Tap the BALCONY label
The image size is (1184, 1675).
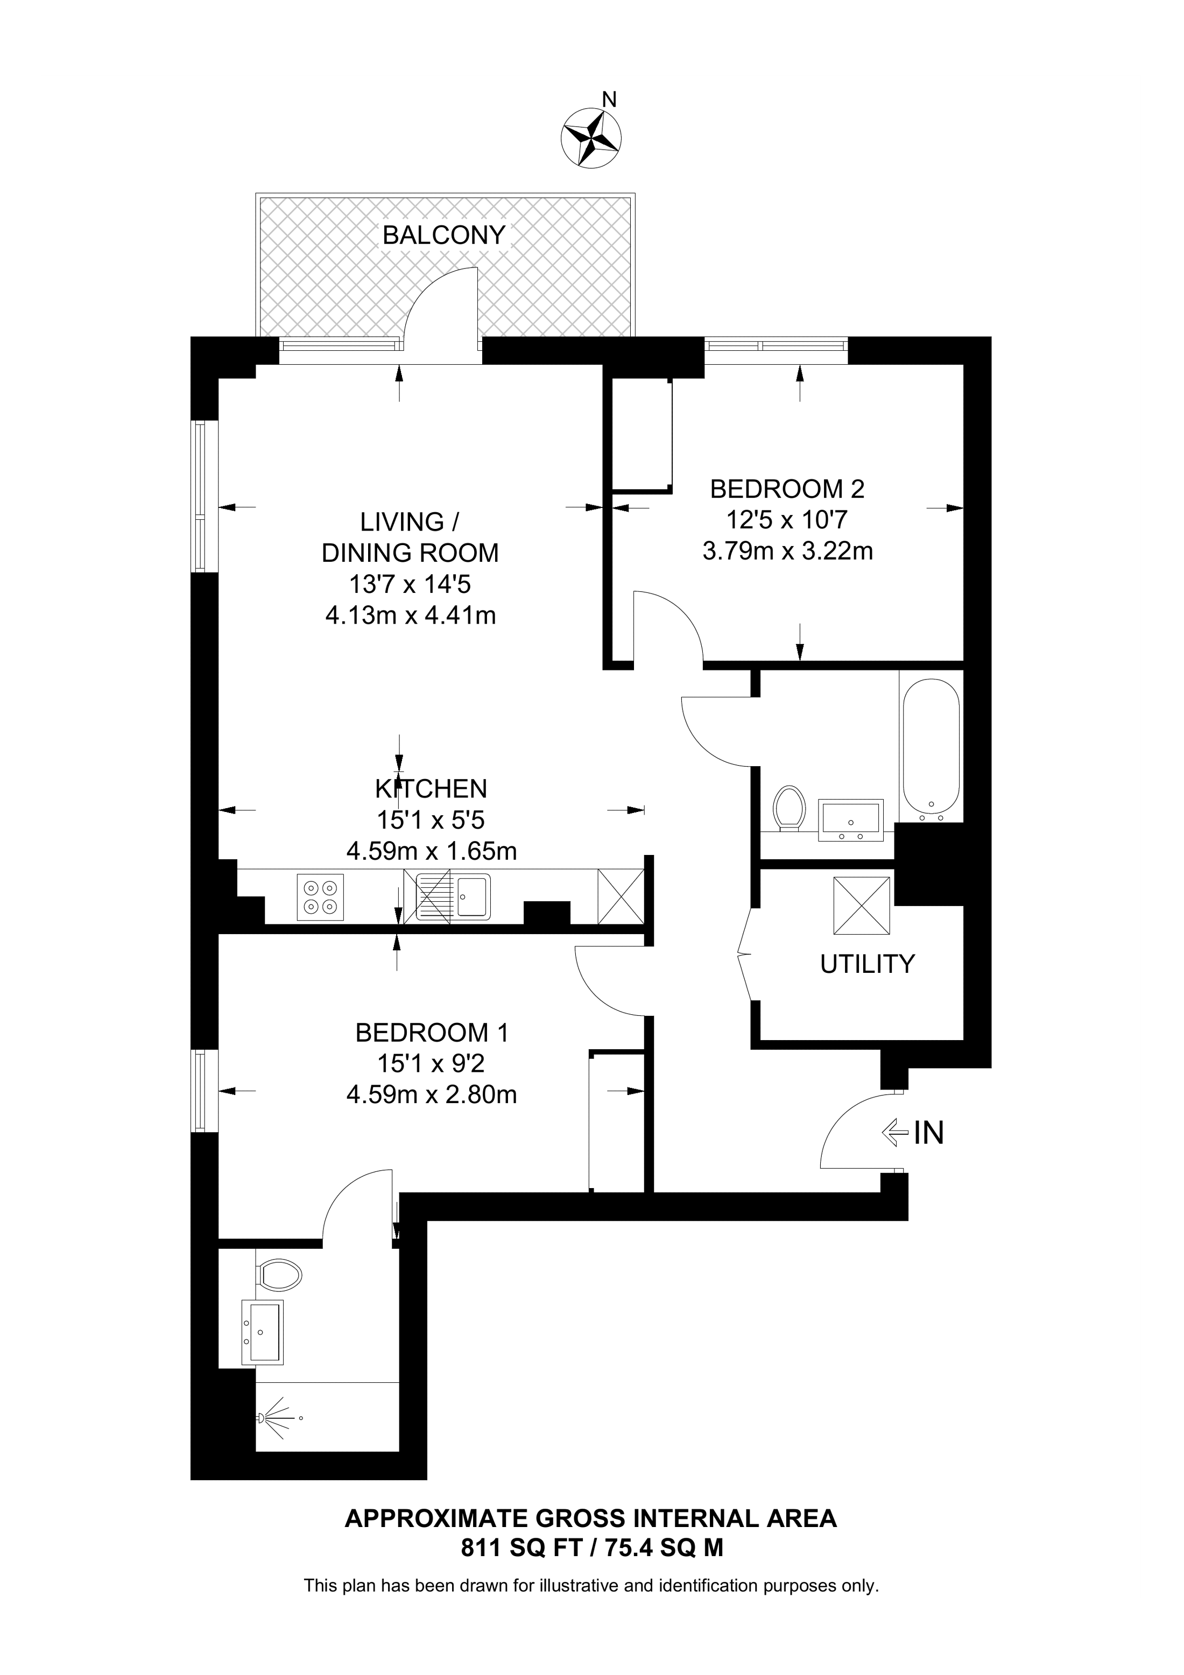click(x=445, y=235)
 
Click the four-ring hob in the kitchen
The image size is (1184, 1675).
click(x=320, y=896)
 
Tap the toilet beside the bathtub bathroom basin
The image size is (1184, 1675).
click(x=788, y=808)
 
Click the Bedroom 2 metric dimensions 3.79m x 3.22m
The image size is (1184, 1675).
click(x=788, y=550)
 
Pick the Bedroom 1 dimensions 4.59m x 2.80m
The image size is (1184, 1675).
click(x=432, y=1094)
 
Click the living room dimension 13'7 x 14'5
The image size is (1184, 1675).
click(x=410, y=584)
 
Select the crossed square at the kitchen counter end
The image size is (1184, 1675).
click(x=620, y=896)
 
